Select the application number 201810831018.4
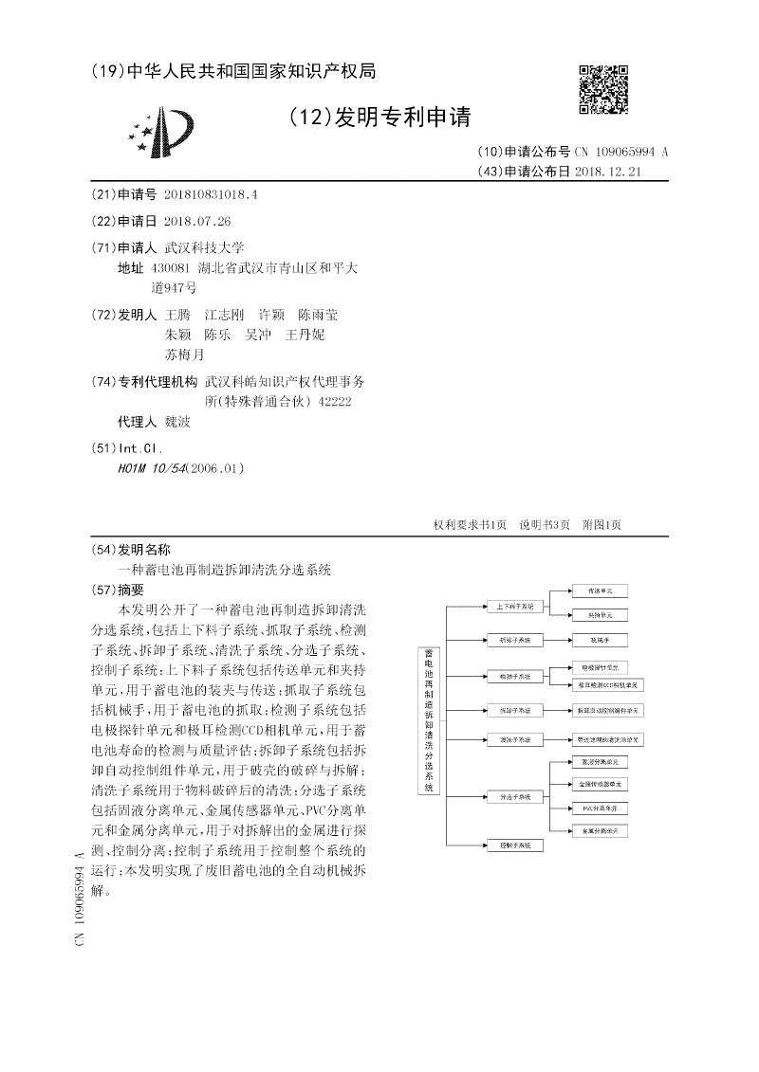210,193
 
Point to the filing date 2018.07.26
197,221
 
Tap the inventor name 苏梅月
184,355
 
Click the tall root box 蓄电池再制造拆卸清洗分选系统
428,721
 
